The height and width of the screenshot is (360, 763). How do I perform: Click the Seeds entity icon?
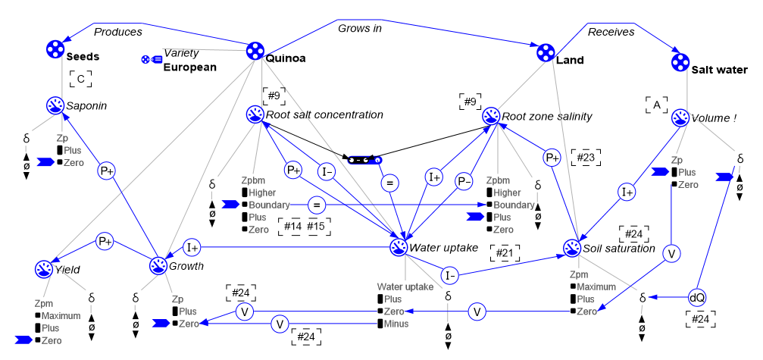coord(55,49)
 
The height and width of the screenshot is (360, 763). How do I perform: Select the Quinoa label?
coord(286,56)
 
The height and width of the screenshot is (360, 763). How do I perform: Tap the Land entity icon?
coord(545,52)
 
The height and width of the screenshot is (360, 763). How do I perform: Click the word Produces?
coord(117,32)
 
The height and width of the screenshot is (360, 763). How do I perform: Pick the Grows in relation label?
coord(359,28)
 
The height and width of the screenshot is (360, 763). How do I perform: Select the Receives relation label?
coord(611,32)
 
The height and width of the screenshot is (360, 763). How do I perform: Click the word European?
coord(190,67)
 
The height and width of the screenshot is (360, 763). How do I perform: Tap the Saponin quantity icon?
coord(55,105)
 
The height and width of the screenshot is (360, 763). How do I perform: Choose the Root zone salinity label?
coord(546,116)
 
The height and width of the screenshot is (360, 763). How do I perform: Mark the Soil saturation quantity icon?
coord(572,248)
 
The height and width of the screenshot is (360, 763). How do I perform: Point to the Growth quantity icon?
coord(158,266)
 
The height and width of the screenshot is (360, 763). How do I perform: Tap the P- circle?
coord(464,181)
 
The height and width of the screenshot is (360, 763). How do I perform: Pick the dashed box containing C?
coord(80,77)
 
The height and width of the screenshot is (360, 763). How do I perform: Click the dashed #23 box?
coord(586,157)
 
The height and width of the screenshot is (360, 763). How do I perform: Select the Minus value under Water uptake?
coord(397,324)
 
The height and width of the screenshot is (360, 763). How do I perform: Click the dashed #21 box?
coord(505,252)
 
